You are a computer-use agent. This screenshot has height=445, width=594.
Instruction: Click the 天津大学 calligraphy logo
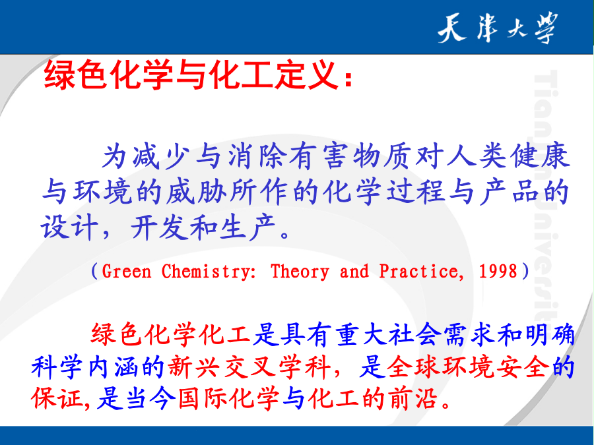[498, 28]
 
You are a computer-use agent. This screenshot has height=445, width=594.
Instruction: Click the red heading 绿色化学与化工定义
[191, 75]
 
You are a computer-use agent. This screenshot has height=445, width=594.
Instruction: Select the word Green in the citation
[127, 272]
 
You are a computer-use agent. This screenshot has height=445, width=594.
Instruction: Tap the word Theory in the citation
[300, 272]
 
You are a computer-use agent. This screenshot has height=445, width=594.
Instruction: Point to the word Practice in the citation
[421, 272]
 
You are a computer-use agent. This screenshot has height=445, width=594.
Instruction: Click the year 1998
[498, 272]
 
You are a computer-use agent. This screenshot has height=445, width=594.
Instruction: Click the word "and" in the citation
[354, 272]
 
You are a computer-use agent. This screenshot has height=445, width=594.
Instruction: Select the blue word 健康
[539, 156]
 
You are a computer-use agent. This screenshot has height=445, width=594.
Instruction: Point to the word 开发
[159, 227]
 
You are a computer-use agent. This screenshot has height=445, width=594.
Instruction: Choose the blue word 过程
[416, 192]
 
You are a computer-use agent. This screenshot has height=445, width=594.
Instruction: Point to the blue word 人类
[477, 156]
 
